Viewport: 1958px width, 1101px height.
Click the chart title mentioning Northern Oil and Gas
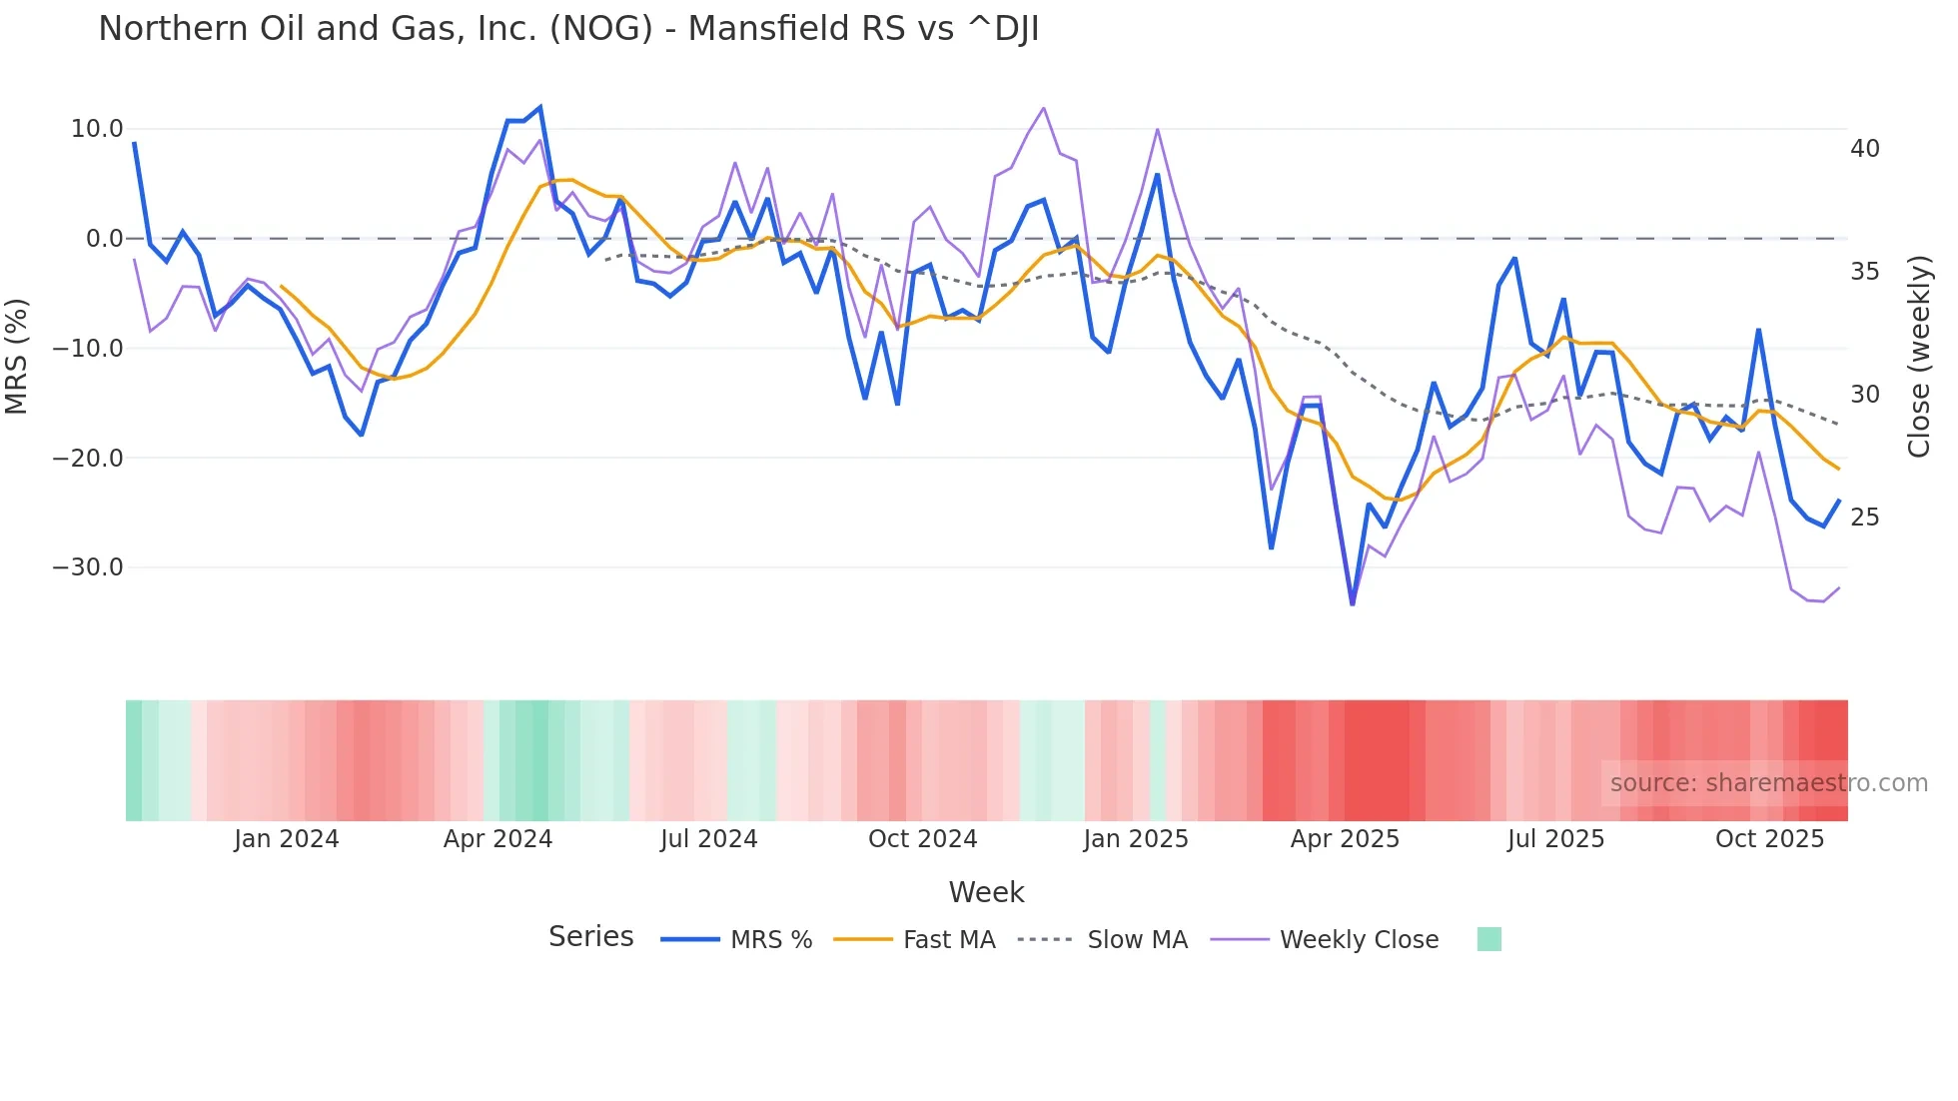(568, 29)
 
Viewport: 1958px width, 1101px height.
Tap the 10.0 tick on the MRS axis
(97, 129)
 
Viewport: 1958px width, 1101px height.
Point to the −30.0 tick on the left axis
(88, 567)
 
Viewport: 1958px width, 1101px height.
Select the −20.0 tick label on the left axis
(88, 459)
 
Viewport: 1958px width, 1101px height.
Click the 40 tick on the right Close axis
(1864, 149)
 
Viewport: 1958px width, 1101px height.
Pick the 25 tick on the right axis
(1864, 518)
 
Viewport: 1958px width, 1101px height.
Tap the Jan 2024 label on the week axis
(287, 839)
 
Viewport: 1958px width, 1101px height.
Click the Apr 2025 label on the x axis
(1345, 839)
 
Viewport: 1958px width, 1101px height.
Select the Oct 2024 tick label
(922, 839)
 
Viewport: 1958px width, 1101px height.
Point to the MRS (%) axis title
(17, 356)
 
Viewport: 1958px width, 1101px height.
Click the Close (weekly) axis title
(1919, 357)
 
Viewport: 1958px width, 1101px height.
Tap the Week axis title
(986, 892)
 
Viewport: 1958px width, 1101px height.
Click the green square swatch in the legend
(1488, 939)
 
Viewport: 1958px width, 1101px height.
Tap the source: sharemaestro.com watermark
(1768, 783)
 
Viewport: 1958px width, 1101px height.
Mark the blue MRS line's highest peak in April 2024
(540, 107)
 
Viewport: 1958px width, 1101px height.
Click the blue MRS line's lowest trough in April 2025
(1353, 603)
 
